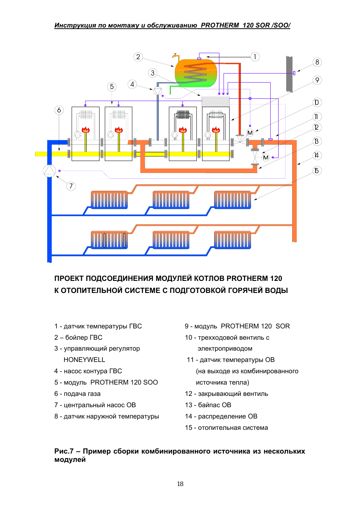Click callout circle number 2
click(x=138, y=57)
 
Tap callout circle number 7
click(x=71, y=186)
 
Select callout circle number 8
click(x=317, y=62)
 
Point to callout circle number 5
click(x=112, y=87)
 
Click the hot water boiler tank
click(x=196, y=73)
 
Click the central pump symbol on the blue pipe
click(x=49, y=171)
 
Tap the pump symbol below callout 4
click(x=158, y=91)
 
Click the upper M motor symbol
click(x=250, y=133)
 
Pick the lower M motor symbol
click(x=266, y=158)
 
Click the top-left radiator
click(x=109, y=200)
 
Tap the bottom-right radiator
click(x=232, y=240)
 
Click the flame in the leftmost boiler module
click(x=86, y=130)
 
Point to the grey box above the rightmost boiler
click(x=216, y=101)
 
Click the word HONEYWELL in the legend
click(x=84, y=360)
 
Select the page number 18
click(x=180, y=484)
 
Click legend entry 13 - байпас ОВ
click(x=208, y=405)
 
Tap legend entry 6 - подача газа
click(x=77, y=394)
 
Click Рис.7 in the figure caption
click(x=64, y=451)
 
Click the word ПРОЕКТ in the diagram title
click(x=69, y=279)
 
